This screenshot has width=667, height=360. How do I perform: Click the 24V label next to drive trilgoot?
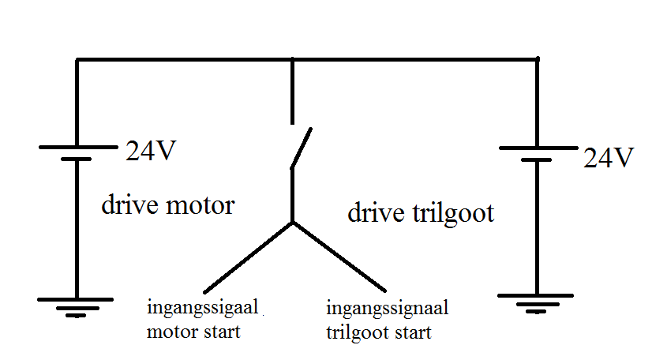point(609,159)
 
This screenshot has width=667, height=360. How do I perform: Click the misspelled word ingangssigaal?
point(204,307)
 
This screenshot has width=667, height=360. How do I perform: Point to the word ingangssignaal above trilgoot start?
point(387,308)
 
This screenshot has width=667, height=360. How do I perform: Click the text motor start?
point(193,332)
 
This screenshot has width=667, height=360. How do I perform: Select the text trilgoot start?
point(379,332)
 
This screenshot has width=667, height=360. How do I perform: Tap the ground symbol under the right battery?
point(538,301)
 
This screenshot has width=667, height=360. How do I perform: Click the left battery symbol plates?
point(77,152)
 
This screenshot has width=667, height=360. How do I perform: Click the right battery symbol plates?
point(538,153)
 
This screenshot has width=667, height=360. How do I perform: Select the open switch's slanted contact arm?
point(301,147)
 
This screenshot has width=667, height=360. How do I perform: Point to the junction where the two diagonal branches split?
point(293,223)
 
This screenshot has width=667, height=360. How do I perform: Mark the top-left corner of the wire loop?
point(77,59)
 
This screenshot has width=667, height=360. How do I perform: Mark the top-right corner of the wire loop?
point(538,59)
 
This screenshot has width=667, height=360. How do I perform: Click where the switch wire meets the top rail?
point(293,59)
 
